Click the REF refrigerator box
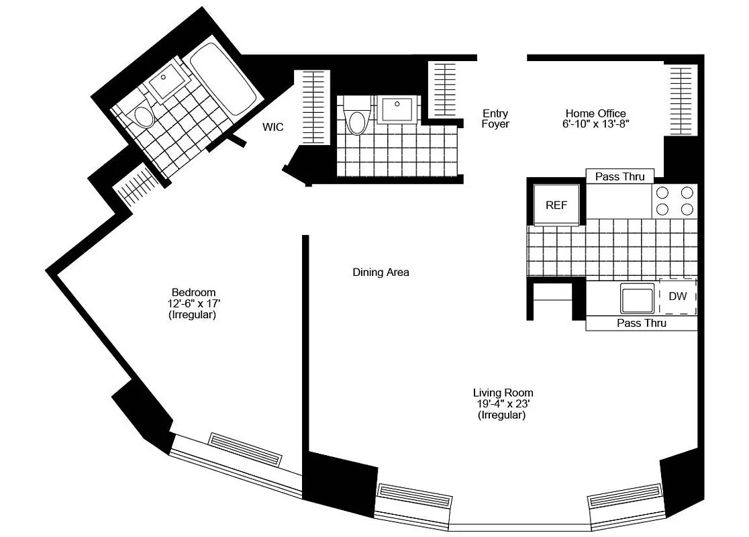coord(556,205)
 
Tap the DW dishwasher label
coord(678,296)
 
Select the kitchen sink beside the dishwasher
coord(637,297)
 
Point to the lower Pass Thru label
coord(642,323)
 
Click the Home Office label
coord(595,113)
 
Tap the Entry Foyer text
coord(495,119)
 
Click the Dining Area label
coord(381,273)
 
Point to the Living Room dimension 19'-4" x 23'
coord(503,404)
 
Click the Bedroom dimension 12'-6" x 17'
coord(193,303)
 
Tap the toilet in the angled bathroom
coord(144,116)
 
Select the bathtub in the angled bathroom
coord(223,79)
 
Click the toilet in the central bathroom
coord(357,121)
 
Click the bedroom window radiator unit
coord(245,449)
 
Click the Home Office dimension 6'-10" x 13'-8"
coord(595,124)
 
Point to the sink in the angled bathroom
coord(165,85)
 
